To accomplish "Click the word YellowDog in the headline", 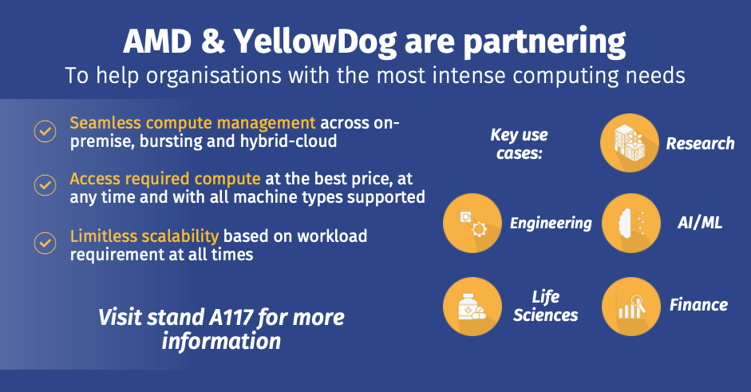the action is click(315, 42).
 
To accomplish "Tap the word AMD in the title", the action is click(157, 42).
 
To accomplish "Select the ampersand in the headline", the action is click(212, 42).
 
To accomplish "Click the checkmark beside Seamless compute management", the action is click(45, 131).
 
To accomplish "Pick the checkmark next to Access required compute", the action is click(45, 185).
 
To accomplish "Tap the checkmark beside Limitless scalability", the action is click(45, 243).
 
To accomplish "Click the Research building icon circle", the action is click(630, 143).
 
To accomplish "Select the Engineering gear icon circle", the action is click(472, 223).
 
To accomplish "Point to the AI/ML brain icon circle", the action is click(630, 223).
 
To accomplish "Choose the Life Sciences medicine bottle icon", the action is click(472, 307).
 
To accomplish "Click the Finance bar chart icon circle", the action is click(630, 307).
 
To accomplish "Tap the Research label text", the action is click(700, 143).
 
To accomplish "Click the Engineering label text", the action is click(551, 224).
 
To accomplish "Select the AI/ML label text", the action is click(700, 223).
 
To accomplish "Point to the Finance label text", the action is click(699, 305).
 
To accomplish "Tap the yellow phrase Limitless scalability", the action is click(144, 236).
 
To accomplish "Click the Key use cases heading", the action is click(520, 144).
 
